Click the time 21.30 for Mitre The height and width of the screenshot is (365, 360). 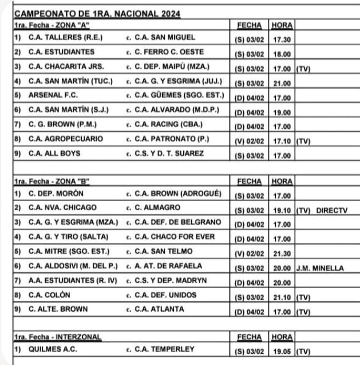281,252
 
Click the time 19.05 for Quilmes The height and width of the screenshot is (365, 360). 281,350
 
